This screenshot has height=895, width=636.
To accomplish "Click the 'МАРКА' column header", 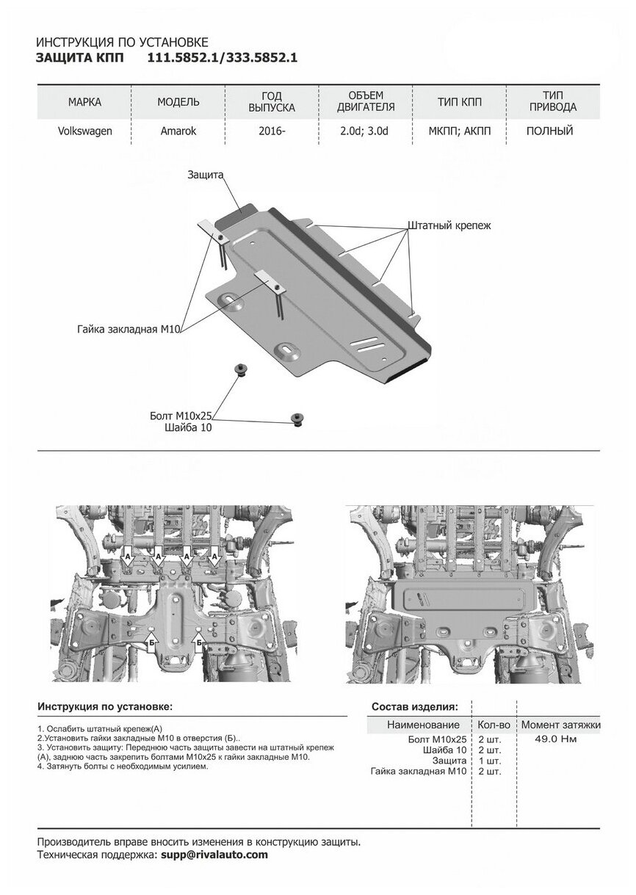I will coord(84,101).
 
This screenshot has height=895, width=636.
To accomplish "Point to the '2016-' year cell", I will coord(272,132).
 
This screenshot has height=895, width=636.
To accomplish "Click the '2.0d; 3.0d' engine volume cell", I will coord(365,132).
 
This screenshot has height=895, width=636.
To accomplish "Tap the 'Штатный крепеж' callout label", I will coord(448,226).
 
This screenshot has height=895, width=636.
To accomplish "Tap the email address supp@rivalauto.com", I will coord(214,855).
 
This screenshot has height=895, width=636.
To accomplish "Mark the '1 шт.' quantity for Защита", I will coord(489,761).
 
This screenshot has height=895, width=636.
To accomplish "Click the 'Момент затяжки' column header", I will coord(560,725).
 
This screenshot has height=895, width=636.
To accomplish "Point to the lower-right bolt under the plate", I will coord(298,418).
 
